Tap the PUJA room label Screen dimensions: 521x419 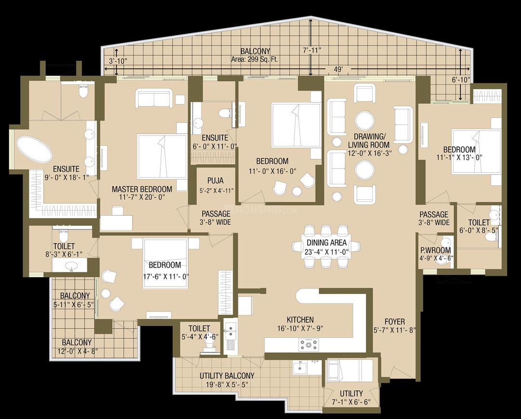point(215,181)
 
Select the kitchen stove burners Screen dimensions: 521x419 point(308,344)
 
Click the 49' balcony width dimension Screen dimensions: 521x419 point(338,69)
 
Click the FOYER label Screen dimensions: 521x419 point(394,322)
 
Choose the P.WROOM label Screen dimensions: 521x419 point(435,250)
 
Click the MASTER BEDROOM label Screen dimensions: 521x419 point(142,189)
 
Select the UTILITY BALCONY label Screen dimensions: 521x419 point(227,376)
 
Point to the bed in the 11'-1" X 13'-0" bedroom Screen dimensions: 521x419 point(476,152)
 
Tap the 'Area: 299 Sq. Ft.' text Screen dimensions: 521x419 point(255,60)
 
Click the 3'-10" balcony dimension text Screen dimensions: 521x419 point(118,61)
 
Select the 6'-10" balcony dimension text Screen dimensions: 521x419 point(461,80)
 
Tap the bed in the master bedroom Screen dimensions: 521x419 point(162,156)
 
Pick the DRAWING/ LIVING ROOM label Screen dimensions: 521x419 point(368,141)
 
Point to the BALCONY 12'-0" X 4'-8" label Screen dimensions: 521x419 point(77,347)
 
